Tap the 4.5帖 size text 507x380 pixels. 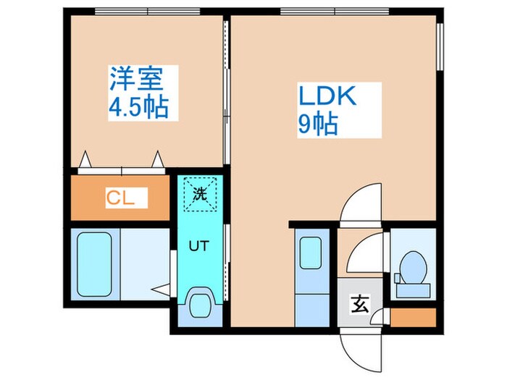tap(139, 108)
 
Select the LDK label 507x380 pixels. tap(326, 96)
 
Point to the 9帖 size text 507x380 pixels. tap(317, 125)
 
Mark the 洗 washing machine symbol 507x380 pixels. tap(200, 193)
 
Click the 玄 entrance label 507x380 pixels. tap(360, 305)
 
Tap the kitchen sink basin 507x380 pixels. tap(312, 253)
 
